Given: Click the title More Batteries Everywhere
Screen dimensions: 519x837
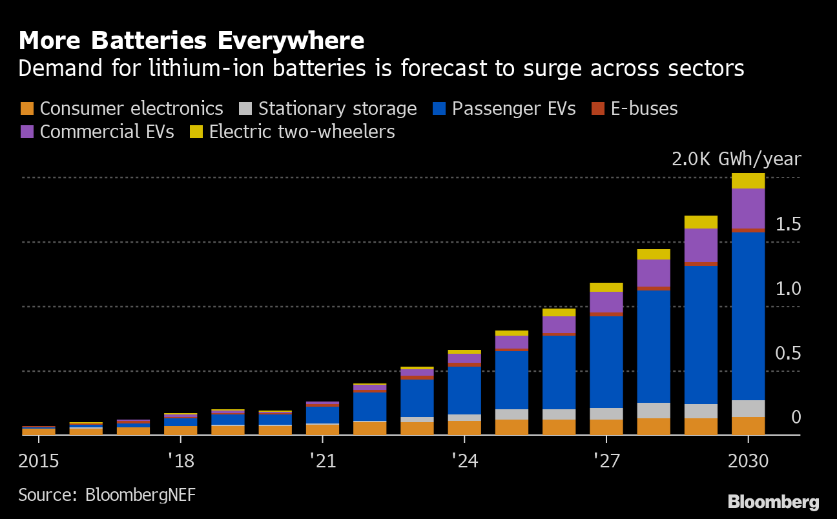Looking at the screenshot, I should tap(191, 41).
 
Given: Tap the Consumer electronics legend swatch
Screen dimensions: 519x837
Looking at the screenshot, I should tap(28, 109).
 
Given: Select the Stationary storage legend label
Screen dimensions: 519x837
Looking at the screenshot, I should tap(337, 108).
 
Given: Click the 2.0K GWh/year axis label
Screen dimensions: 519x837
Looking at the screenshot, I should tap(736, 159).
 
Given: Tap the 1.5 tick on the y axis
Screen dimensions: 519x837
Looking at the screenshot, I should tap(788, 225).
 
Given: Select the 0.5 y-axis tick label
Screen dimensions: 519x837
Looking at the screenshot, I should tap(788, 354).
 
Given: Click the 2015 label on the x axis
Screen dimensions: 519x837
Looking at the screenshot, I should tap(39, 462).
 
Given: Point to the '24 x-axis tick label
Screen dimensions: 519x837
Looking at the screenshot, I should tap(464, 462).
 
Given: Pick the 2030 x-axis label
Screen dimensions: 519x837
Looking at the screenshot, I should tap(748, 462).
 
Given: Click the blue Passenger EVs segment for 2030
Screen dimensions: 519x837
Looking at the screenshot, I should tap(748, 316).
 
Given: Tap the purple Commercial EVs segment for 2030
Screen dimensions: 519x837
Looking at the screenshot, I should tap(748, 208).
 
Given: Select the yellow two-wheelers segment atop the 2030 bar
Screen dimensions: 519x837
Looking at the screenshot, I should tap(748, 181).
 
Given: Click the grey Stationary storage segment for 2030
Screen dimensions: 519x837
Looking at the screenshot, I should tap(748, 409).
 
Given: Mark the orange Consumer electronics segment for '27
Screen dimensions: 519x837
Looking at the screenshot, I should tap(606, 427).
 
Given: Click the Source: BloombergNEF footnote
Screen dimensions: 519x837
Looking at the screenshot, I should tap(107, 495).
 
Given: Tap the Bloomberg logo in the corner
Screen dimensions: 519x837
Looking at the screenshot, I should tap(773, 502).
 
